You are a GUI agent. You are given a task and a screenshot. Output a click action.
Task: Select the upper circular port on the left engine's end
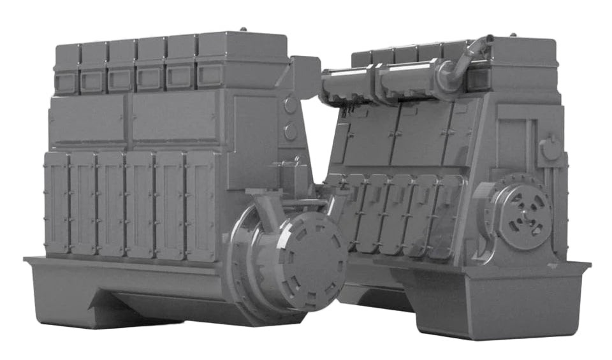[x=291, y=105]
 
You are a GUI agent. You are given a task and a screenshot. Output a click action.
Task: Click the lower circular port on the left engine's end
[x=291, y=132]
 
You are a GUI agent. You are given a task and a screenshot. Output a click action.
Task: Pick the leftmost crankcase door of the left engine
[x=57, y=202]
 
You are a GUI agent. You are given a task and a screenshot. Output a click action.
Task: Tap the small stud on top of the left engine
[x=243, y=29]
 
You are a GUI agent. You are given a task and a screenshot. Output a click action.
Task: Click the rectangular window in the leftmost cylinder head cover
[x=66, y=82]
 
